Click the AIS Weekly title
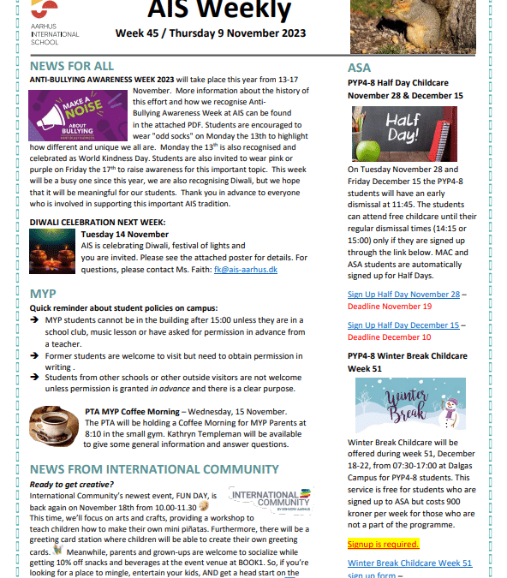point(230,10)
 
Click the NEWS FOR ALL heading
point(71,66)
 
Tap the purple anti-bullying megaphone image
point(71,115)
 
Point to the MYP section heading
point(43,294)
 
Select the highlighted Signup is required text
point(383,544)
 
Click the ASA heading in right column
point(359,68)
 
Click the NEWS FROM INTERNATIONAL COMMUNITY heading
point(154,469)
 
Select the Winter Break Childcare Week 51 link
point(409,563)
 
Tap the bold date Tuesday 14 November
point(124,235)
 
